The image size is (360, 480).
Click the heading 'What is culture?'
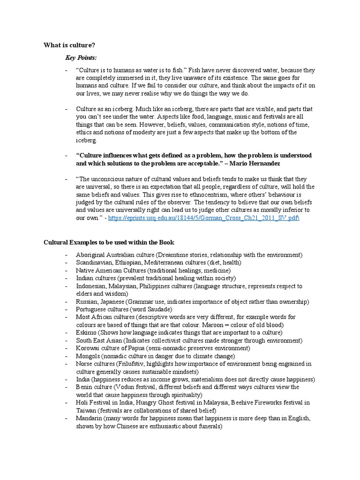(70, 45)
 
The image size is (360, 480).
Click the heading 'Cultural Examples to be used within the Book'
(109, 242)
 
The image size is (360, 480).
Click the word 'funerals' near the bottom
(208, 426)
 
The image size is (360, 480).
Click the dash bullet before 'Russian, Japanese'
(67, 301)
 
